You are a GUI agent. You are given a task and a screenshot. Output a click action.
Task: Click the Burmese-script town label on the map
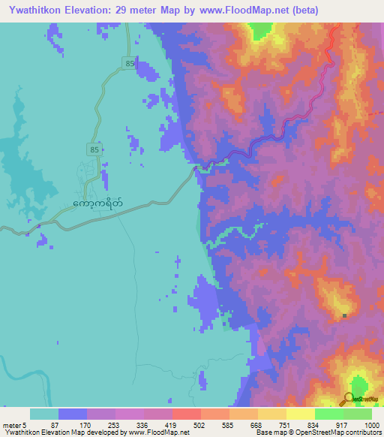tap(98, 203)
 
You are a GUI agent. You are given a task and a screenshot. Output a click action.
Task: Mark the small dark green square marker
tap(344, 315)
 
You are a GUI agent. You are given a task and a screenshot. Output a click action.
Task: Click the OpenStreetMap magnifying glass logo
tap(350, 399)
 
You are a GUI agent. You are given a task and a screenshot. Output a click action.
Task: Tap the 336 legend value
tap(143, 424)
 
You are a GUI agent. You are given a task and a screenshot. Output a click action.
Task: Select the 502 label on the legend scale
tap(200, 424)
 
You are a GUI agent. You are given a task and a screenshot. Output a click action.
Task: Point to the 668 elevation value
tap(257, 424)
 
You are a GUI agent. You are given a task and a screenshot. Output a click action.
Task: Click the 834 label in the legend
tap(314, 424)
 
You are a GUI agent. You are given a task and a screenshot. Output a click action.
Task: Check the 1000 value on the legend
tap(371, 424)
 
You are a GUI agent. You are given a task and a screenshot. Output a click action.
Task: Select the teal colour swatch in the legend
tap(43, 414)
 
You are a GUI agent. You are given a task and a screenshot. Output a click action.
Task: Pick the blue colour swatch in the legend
tap(72, 414)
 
